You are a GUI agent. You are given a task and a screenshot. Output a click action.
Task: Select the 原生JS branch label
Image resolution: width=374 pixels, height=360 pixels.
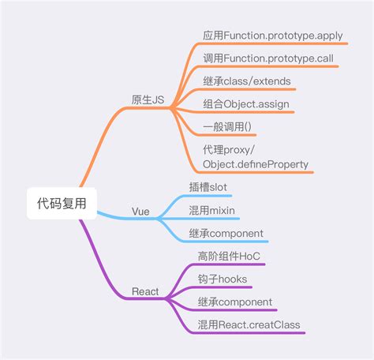(148, 99)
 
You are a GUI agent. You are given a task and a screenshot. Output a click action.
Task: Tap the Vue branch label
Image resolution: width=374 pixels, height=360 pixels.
(140, 212)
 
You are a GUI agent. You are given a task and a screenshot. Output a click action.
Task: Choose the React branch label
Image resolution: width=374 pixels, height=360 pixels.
(144, 291)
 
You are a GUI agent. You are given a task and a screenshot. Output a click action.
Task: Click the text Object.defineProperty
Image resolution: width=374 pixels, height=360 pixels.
(256, 164)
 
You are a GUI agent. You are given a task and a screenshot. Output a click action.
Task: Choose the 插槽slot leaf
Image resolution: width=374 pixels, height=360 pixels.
(208, 187)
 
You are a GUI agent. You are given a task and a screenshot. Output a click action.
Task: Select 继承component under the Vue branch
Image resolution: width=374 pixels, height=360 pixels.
(226, 234)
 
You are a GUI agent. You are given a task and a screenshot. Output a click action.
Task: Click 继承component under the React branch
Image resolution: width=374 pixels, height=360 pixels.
(235, 302)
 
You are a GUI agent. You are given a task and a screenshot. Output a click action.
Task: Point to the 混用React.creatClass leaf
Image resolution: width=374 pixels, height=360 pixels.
(249, 324)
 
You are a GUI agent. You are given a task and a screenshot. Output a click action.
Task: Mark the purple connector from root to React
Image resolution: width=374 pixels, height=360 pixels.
(107, 253)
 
